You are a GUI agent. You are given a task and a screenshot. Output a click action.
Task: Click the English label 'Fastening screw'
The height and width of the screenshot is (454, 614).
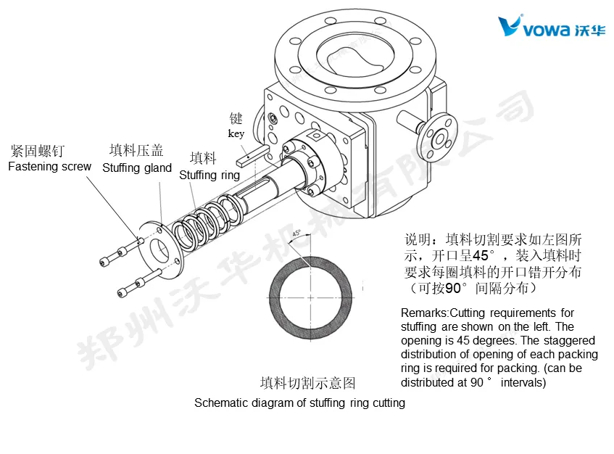coord(49,167)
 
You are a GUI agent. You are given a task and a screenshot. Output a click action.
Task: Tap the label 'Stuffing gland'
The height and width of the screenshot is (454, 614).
coord(136,168)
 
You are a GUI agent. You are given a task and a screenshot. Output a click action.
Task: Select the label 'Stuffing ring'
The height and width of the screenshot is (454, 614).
coord(209,175)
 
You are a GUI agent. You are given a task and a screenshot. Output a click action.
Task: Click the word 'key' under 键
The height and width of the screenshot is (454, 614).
coord(236,133)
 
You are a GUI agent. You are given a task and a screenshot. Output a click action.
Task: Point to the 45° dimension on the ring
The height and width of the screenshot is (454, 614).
coord(296,234)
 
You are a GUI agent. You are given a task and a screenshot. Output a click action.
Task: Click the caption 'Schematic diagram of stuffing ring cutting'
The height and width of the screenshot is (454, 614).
coord(299,403)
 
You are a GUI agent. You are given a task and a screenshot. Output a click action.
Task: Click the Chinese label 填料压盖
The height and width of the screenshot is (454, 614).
coord(136,151)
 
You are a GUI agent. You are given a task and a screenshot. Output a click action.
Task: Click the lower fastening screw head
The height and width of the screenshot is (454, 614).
coord(123,292)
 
